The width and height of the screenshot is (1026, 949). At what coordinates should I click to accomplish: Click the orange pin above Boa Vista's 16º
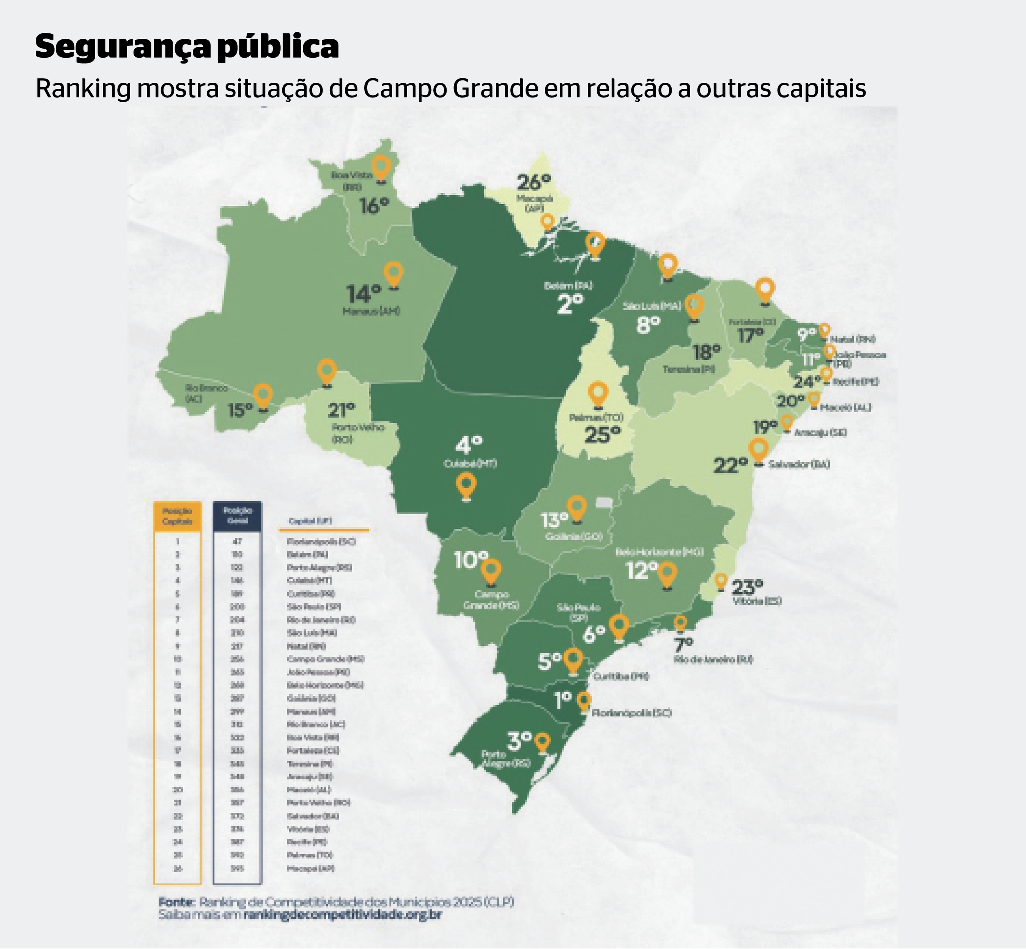(381, 168)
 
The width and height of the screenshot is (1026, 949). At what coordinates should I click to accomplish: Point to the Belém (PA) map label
(568, 285)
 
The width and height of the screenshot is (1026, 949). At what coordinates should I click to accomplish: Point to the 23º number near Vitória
(747, 586)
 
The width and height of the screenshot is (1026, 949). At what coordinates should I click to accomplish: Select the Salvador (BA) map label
(799, 464)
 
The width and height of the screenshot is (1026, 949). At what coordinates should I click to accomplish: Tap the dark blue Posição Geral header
(237, 515)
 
